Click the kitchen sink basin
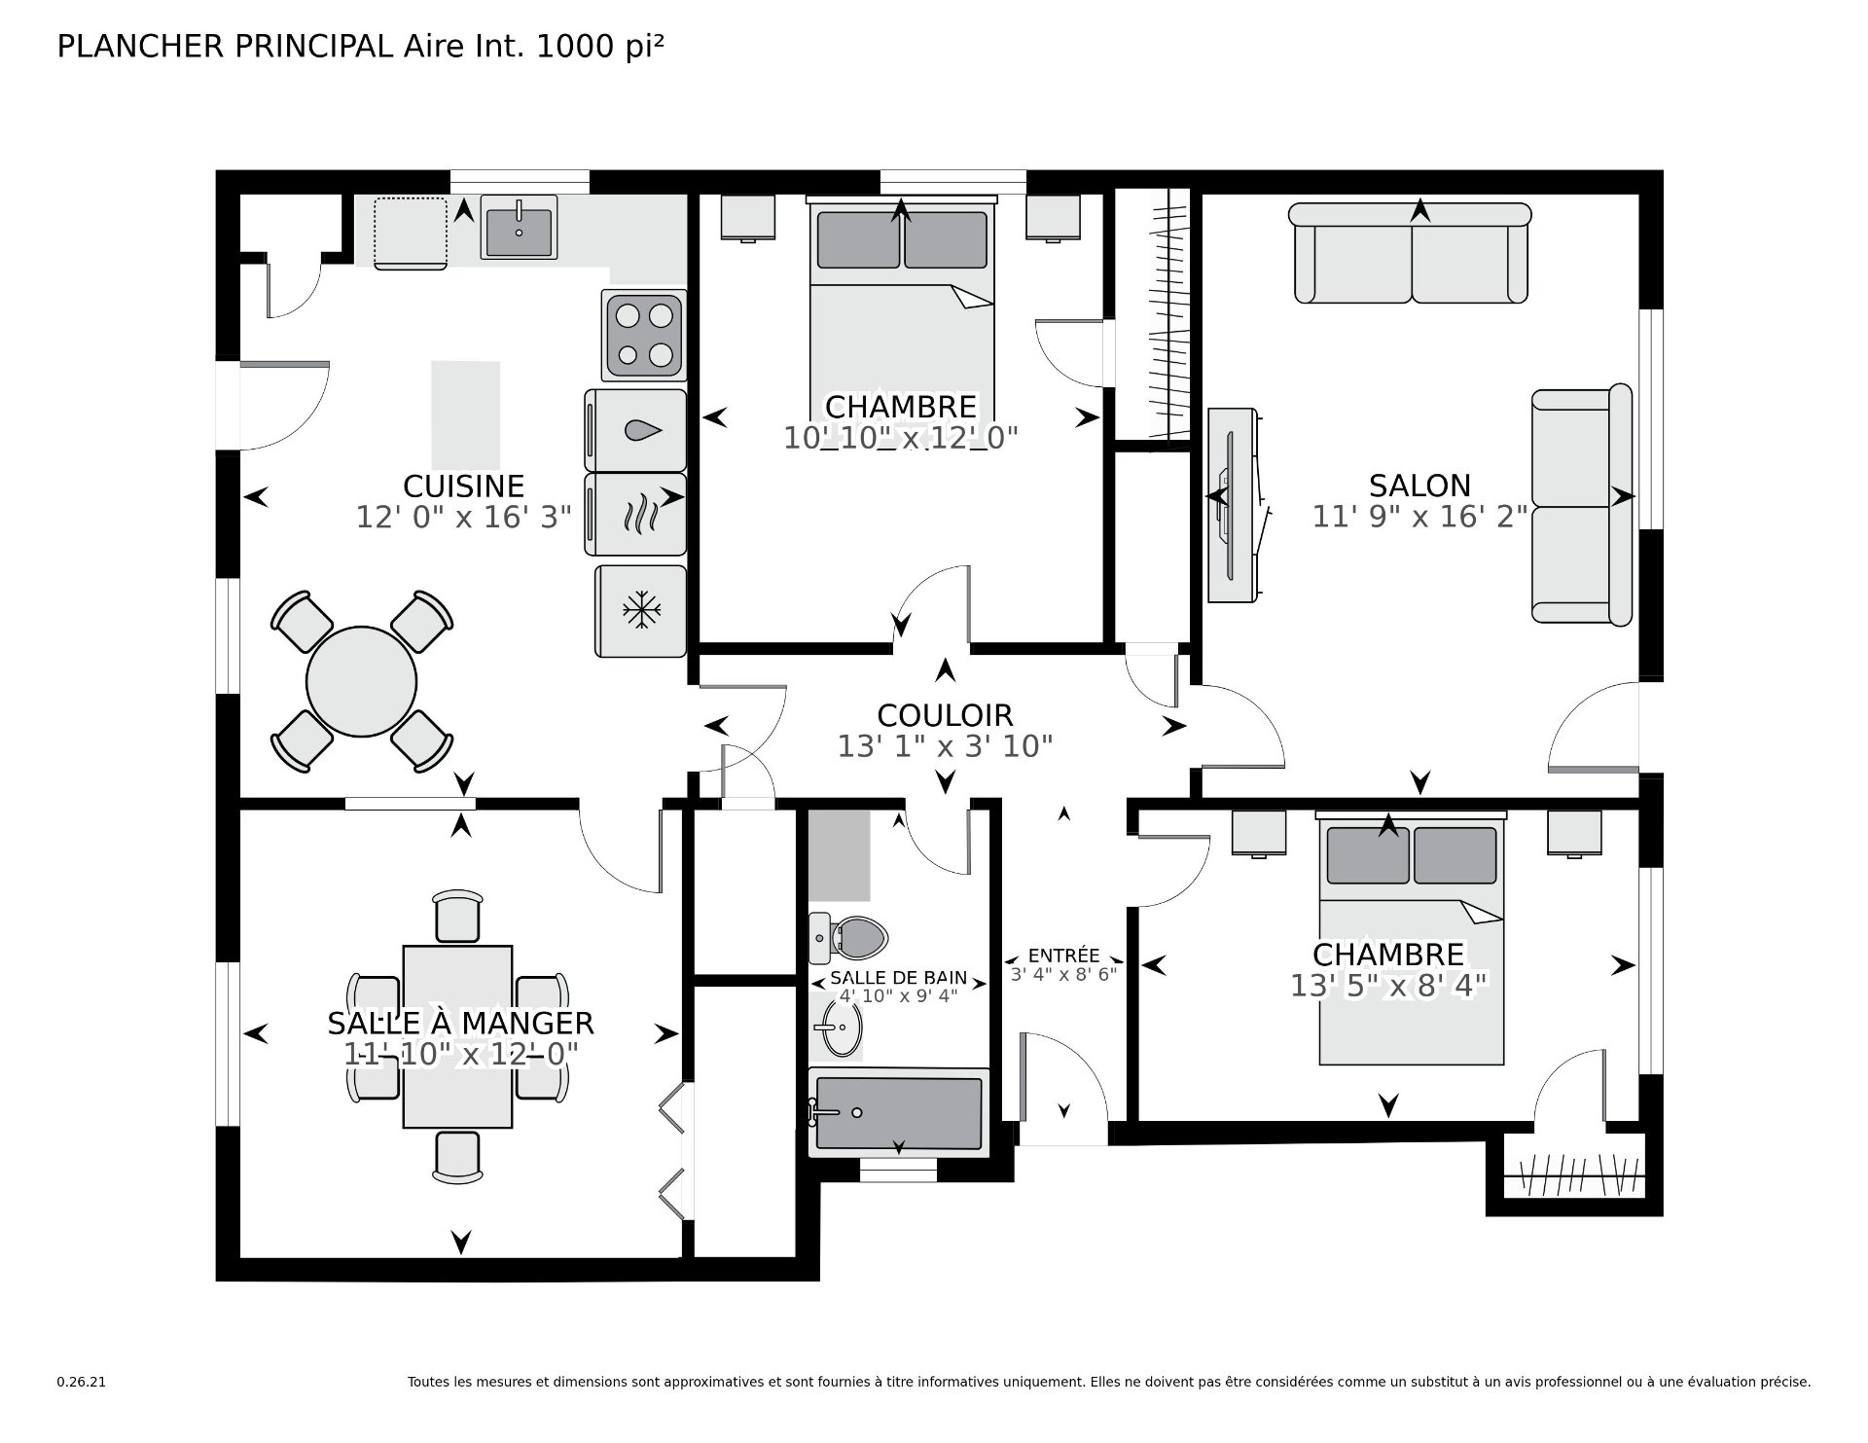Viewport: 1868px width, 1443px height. (519, 228)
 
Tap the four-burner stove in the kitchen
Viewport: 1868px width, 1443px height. (643, 335)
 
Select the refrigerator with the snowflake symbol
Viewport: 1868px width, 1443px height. (640, 611)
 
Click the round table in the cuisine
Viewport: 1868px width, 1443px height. (362, 682)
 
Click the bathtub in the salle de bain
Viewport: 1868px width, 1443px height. (899, 1112)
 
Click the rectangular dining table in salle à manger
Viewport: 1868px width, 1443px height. (457, 1036)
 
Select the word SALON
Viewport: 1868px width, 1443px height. (1419, 486)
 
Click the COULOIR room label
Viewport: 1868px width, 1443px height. (945, 715)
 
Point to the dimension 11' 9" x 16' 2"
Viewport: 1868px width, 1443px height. (1419, 517)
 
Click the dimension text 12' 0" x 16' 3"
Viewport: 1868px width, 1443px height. (463, 517)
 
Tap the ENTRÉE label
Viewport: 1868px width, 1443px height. (1063, 956)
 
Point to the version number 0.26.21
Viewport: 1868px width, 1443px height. (81, 1382)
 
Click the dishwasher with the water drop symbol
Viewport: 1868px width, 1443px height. (636, 429)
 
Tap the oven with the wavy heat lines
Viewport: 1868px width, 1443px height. (636, 514)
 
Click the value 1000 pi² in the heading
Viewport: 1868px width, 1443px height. (600, 47)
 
